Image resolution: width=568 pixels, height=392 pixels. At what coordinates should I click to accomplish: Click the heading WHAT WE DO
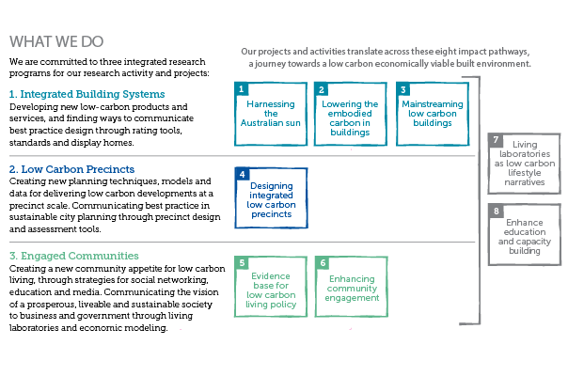(56, 41)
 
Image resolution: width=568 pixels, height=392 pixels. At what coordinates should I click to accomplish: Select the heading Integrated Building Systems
(87, 94)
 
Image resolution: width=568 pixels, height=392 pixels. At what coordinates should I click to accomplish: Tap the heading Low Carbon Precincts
(71, 169)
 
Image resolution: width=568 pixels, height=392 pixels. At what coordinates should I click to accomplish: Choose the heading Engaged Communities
(74, 256)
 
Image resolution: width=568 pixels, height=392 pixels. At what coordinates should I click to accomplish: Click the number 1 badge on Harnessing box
(242, 88)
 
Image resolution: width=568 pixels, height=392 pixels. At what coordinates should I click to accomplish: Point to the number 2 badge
(321, 89)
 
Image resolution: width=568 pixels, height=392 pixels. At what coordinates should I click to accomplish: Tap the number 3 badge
(402, 89)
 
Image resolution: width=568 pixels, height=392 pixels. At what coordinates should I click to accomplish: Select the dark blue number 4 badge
(242, 174)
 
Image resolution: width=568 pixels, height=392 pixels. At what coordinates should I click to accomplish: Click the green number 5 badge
(242, 263)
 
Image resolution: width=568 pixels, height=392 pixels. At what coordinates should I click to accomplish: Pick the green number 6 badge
(323, 263)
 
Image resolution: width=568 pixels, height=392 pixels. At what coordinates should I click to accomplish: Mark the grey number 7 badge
(496, 140)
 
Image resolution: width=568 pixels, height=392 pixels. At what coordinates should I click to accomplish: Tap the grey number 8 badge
(496, 211)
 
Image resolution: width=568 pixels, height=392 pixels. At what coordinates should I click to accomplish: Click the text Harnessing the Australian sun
(271, 114)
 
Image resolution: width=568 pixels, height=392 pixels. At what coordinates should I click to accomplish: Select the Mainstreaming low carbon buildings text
(433, 114)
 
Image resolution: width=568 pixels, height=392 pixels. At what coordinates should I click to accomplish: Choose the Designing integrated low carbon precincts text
(272, 200)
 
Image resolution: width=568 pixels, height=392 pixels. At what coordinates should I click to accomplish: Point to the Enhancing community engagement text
(352, 289)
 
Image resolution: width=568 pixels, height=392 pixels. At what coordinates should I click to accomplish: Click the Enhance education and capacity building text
(525, 237)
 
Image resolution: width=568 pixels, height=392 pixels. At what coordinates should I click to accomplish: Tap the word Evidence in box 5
(271, 276)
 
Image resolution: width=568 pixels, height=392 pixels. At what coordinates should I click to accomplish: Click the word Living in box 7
(525, 145)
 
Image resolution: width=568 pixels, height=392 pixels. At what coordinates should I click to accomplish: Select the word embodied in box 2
(350, 114)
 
